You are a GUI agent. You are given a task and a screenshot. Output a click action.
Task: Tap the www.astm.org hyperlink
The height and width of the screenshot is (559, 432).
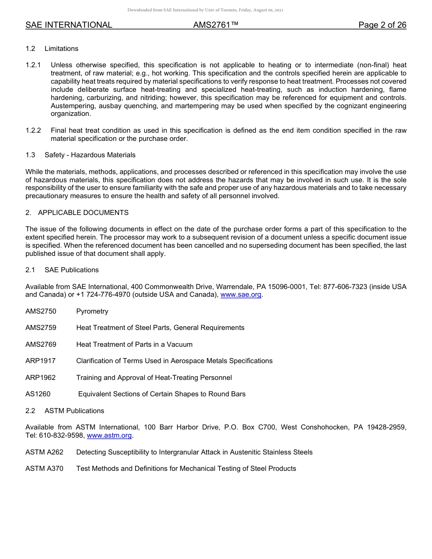(109, 435)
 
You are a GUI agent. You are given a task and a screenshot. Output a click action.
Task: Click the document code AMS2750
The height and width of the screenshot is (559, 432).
(41, 311)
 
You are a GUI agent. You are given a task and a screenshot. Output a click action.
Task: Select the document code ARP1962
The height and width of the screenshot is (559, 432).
(40, 378)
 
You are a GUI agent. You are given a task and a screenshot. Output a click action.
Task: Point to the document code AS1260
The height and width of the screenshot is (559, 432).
(38, 394)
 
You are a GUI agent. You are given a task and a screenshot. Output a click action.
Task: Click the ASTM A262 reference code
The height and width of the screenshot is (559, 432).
(45, 452)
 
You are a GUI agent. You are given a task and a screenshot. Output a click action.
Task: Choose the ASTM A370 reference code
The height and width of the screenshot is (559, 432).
(45, 469)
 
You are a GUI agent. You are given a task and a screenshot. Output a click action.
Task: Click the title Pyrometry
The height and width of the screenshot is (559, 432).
(92, 311)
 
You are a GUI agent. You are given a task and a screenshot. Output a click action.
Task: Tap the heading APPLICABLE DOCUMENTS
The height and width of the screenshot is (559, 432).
(83, 213)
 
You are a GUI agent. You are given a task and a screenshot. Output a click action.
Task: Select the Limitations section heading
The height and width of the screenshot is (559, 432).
(61, 49)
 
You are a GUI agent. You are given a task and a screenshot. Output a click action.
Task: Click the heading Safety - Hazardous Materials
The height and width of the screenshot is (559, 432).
(90, 155)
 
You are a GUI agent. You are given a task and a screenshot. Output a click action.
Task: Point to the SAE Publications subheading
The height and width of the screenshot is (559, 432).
(71, 270)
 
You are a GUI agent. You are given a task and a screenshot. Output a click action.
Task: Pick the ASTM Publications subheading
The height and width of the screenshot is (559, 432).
(74, 411)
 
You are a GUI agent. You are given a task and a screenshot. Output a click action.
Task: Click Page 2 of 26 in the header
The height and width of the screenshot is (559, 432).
(382, 25)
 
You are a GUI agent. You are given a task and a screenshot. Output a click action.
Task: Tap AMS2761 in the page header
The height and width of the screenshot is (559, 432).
(216, 25)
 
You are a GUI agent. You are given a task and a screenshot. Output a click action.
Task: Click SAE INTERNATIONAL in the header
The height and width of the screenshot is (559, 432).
(69, 25)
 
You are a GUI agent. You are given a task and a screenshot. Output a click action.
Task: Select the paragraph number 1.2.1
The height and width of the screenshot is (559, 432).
(33, 65)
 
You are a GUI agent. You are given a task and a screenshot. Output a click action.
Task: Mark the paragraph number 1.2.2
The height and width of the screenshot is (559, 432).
(33, 130)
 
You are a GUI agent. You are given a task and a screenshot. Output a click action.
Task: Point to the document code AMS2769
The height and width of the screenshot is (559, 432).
(41, 344)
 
